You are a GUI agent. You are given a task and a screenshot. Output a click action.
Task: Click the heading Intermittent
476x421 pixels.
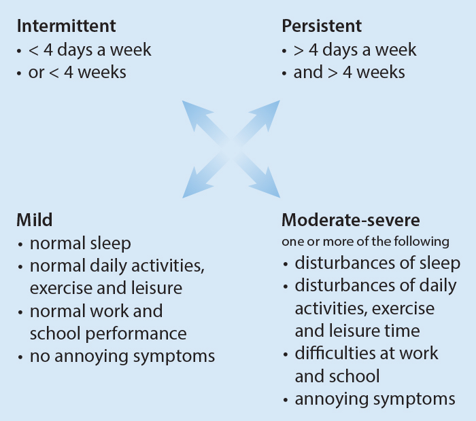click(66, 26)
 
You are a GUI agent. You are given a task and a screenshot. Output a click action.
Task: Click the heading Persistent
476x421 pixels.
click(321, 26)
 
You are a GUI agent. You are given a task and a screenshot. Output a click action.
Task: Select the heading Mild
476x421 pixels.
click(34, 220)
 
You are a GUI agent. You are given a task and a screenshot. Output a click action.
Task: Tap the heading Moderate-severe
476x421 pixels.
click(350, 220)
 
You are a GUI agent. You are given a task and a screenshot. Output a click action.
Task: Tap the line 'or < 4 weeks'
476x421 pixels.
click(77, 72)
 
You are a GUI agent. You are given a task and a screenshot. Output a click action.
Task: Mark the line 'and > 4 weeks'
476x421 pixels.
click(349, 72)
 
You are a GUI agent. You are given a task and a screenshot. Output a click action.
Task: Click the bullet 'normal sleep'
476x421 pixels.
click(80, 242)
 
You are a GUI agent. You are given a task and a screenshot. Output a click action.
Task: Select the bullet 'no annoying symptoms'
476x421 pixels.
click(122, 355)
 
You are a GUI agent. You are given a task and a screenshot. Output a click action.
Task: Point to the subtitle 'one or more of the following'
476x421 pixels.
click(365, 241)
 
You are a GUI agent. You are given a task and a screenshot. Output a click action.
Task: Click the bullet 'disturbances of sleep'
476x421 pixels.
click(377, 263)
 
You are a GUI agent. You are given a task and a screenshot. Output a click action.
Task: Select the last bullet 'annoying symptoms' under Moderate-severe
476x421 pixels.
click(375, 398)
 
